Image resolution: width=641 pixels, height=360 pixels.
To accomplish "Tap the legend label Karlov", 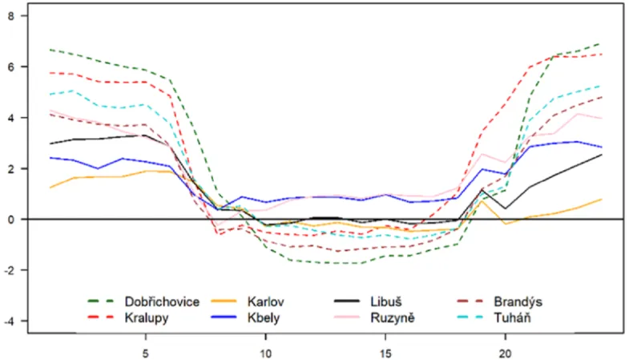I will click(268, 301).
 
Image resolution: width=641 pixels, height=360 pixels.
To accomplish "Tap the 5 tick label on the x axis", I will click(145, 352).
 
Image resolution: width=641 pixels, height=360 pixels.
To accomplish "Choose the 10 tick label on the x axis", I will click(265, 352).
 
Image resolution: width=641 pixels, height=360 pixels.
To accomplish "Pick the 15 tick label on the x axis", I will click(385, 352).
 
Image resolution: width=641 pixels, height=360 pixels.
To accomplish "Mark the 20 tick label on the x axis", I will click(506, 352).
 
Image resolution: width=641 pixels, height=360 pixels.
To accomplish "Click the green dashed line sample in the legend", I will click(101, 301).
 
